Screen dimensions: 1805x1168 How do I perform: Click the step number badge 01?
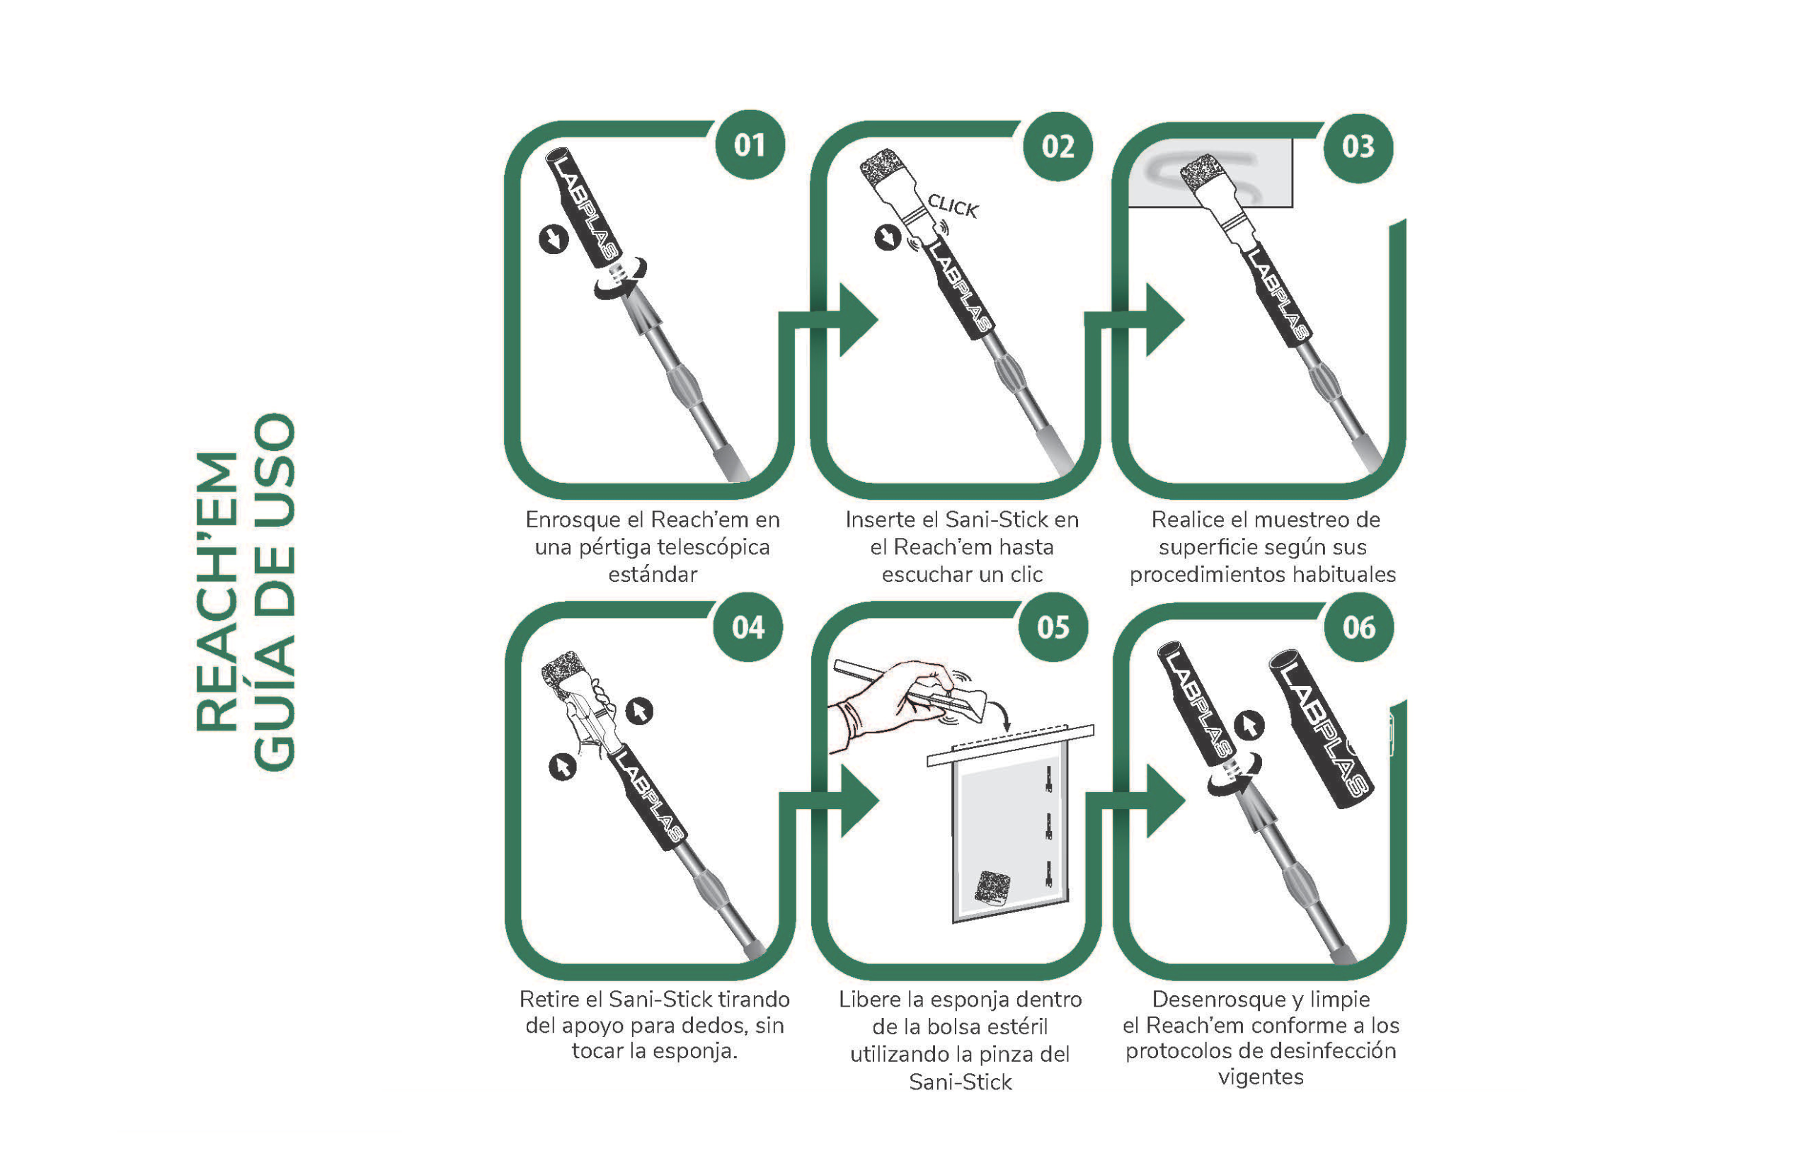tap(750, 145)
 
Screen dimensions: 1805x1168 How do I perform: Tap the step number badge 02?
tap(1058, 147)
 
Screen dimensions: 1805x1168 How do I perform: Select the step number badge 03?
tap(1358, 147)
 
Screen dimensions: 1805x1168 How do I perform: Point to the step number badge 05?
tap(1053, 627)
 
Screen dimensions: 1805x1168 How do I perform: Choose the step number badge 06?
tap(1359, 627)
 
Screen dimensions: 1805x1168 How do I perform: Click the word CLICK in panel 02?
tap(953, 205)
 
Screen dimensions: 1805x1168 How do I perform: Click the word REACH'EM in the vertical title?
tap(217, 592)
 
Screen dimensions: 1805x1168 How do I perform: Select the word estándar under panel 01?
tap(653, 574)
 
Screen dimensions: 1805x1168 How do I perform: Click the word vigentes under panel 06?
tap(1261, 1077)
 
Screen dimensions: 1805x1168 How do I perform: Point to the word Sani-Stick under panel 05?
tap(960, 1082)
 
